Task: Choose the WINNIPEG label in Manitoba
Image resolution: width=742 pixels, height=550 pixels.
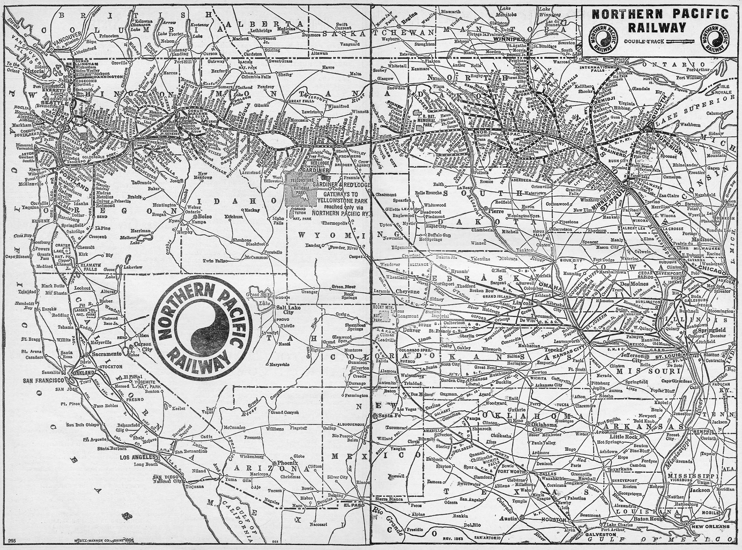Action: pyautogui.click(x=511, y=38)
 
